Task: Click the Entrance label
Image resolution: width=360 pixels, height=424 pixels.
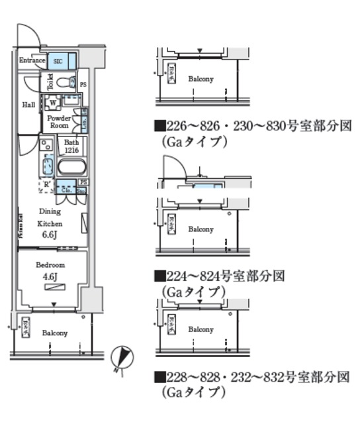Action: point(32,60)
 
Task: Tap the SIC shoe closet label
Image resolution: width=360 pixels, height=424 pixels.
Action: point(58,61)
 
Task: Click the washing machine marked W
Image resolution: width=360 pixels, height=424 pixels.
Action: point(52,103)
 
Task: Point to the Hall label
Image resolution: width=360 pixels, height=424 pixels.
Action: point(28,105)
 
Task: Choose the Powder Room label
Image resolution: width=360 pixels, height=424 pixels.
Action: point(59,121)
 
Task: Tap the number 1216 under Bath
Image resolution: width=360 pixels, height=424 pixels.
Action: point(71,150)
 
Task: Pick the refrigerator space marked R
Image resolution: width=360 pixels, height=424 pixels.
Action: point(46,185)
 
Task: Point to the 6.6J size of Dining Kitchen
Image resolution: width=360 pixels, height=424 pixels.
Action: point(50,234)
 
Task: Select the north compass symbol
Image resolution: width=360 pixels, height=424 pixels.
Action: point(120,357)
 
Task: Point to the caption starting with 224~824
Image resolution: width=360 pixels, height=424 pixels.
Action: point(219,276)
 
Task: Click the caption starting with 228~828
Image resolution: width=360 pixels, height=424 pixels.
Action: point(251,378)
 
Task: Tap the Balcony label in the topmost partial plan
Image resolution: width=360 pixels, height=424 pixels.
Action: point(200,79)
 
